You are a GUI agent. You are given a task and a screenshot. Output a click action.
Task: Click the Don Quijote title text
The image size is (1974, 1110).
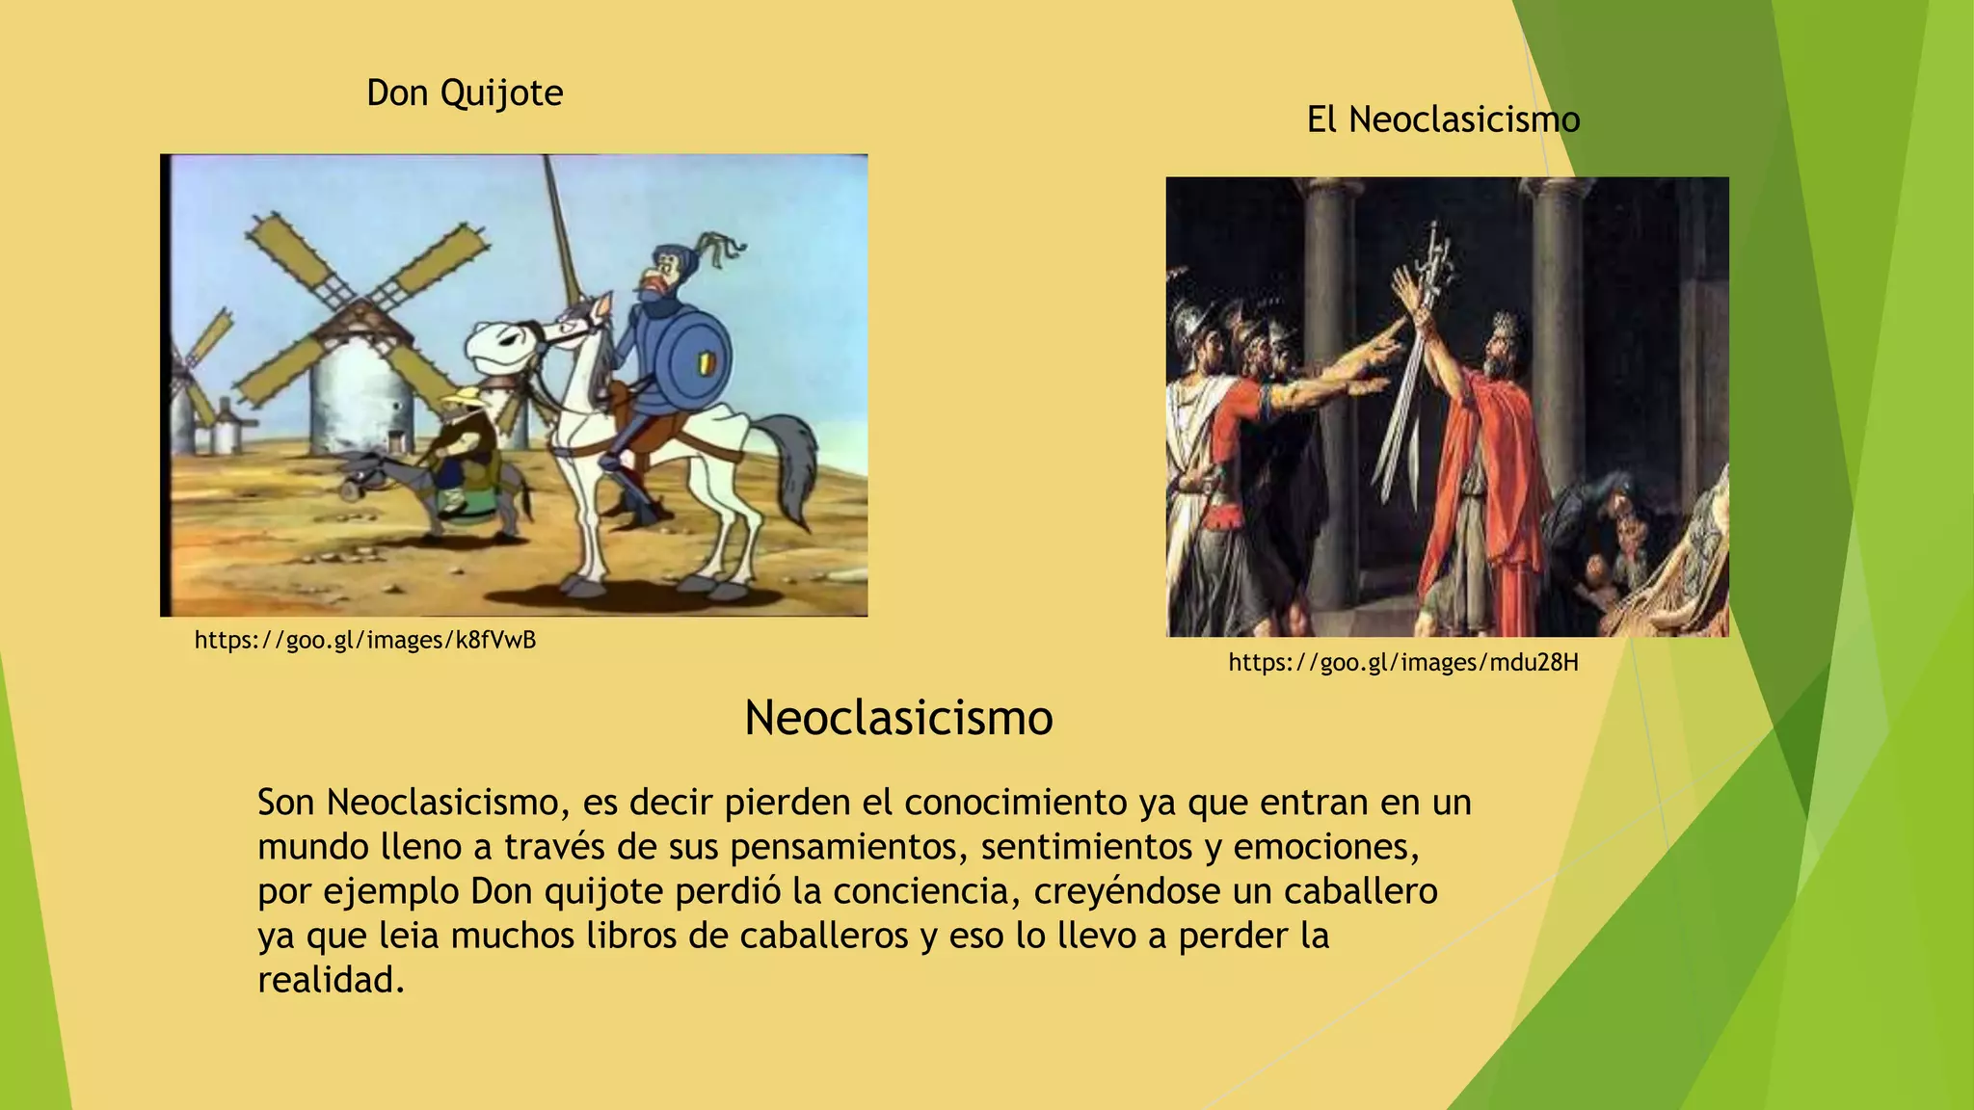(465, 92)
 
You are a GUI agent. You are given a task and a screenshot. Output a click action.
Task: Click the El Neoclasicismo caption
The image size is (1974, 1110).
(1443, 119)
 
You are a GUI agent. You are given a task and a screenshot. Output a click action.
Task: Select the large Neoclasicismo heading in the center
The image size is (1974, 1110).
(898, 718)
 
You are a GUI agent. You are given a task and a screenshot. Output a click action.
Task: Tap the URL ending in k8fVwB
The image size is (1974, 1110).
(364, 640)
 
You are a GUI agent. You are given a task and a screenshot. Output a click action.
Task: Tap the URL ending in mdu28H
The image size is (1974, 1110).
(1403, 662)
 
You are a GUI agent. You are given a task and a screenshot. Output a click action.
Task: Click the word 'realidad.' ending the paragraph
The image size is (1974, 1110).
(331, 980)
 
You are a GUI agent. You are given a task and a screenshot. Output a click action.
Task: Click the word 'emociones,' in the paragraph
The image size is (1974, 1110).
(1326, 847)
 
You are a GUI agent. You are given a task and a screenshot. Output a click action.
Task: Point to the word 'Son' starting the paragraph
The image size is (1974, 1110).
(285, 803)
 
